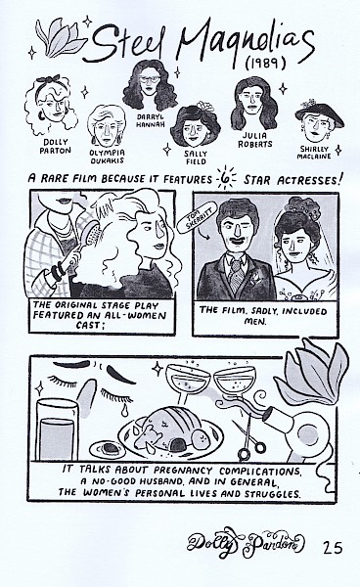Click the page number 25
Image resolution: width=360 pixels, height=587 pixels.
(333, 548)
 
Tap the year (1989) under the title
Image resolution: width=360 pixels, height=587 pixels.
(266, 64)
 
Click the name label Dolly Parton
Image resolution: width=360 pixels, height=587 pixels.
(55, 146)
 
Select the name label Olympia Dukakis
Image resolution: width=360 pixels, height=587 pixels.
(107, 157)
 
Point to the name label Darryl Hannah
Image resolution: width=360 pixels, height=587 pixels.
(150, 120)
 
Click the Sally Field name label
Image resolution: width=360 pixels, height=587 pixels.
(196, 158)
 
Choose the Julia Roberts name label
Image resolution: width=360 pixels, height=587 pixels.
(255, 140)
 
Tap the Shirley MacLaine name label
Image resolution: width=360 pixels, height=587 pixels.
(314, 153)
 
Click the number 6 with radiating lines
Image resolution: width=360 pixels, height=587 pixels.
(226, 178)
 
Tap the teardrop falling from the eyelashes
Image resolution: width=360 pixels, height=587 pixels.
(124, 410)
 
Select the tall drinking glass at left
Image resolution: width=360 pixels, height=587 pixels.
(57, 429)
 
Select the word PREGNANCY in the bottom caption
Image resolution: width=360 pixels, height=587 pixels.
(183, 470)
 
